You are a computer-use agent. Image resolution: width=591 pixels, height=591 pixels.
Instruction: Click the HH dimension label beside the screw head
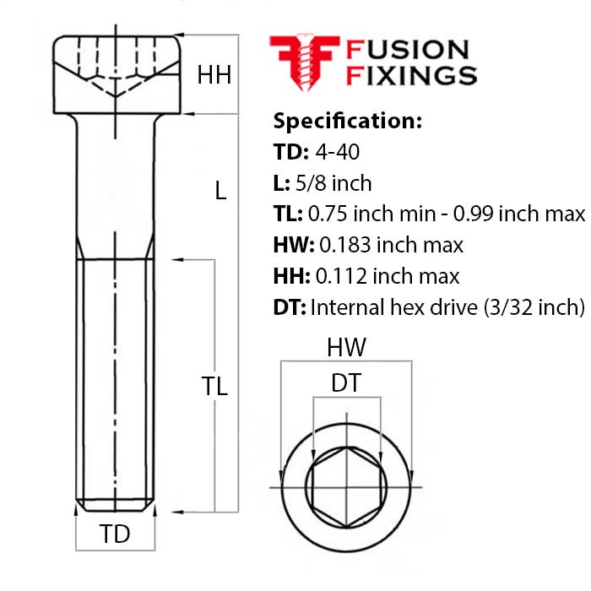click(214, 75)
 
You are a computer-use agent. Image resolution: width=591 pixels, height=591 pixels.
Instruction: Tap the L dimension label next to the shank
click(220, 191)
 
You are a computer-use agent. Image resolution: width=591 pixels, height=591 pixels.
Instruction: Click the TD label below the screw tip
click(116, 534)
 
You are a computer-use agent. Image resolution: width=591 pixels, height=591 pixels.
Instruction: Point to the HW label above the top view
click(345, 348)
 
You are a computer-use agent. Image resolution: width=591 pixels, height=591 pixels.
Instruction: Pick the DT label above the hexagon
click(345, 383)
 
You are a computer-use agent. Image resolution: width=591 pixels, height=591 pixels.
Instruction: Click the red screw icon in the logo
click(303, 62)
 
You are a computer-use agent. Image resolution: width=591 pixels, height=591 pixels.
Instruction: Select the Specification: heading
click(347, 121)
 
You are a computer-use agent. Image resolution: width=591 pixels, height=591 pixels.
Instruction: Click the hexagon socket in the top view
click(345, 487)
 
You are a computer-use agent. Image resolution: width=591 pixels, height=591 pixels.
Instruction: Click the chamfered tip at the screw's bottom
click(116, 506)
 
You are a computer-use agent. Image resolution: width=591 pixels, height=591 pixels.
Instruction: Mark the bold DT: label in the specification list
click(290, 307)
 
